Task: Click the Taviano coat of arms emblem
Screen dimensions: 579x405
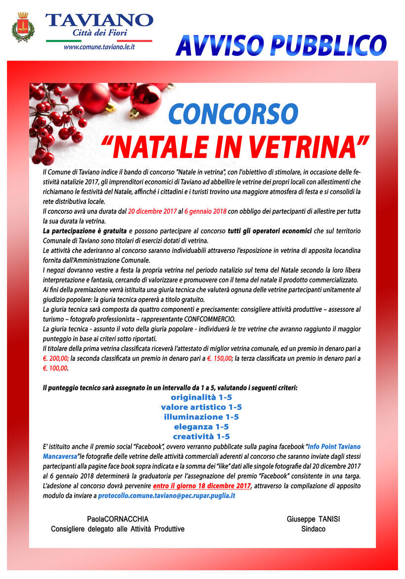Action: coord(23,28)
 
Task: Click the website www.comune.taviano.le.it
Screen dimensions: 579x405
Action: coord(99,47)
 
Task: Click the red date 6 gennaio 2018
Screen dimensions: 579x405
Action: coord(205,211)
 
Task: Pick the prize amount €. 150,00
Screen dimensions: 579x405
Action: coord(219,359)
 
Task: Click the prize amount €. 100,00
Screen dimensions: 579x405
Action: coord(55,369)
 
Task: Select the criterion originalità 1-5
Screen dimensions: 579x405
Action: coord(201,397)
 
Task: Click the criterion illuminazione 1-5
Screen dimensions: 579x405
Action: coord(201,417)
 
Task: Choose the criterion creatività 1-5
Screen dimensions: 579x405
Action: coord(201,436)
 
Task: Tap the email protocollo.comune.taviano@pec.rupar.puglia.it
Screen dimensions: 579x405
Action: coord(167,495)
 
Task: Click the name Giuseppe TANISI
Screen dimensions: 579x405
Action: coord(313,519)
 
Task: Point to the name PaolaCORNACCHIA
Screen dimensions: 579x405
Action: coord(118,519)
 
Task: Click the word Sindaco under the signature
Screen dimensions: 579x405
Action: coord(313,529)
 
